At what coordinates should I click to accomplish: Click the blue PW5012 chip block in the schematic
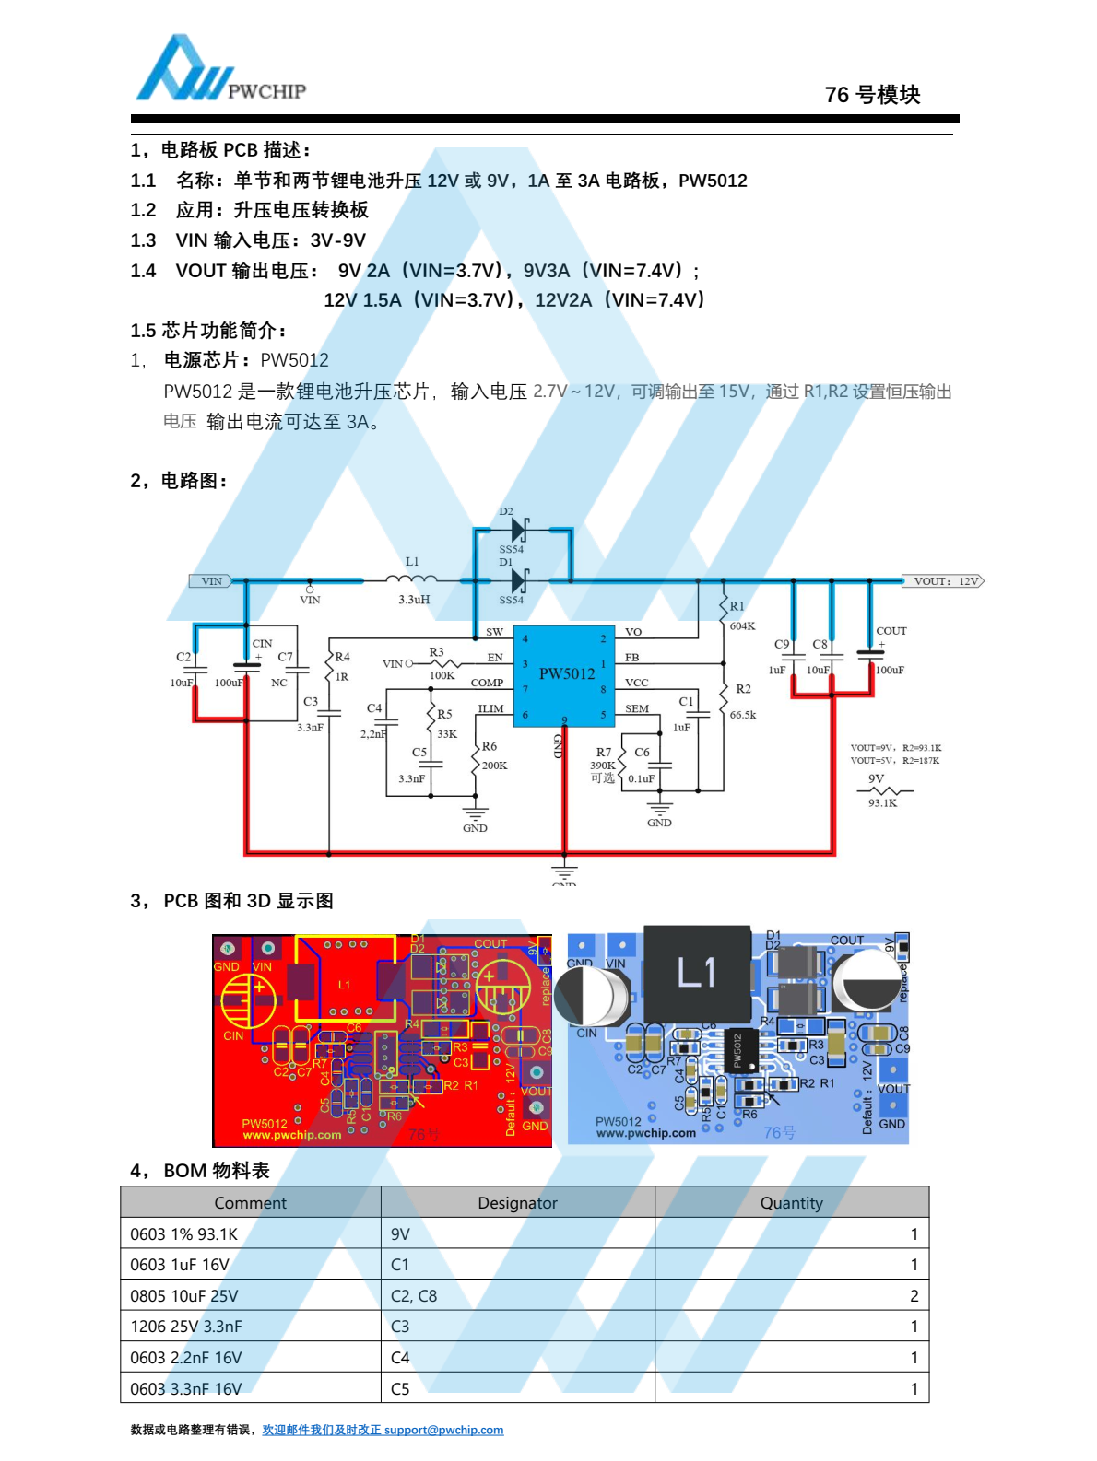564,675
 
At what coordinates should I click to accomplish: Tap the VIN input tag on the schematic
211,581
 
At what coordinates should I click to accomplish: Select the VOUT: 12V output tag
943,581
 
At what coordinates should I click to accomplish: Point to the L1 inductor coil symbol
411,579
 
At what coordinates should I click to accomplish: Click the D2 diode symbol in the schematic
519,530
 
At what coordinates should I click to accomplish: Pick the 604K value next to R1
742,626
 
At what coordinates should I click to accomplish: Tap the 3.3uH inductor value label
414,600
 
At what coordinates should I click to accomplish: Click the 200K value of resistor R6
494,766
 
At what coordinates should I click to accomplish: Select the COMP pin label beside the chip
487,683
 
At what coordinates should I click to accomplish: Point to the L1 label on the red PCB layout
344,985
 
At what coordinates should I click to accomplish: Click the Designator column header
517,1203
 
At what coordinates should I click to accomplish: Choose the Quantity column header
791,1203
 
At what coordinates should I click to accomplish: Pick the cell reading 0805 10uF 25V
184,1296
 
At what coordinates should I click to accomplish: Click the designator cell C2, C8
414,1296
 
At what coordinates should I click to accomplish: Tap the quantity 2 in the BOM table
914,1296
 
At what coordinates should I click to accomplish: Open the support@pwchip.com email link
443,1430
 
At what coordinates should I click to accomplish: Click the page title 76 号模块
872,95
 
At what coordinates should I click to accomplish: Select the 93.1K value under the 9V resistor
882,803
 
